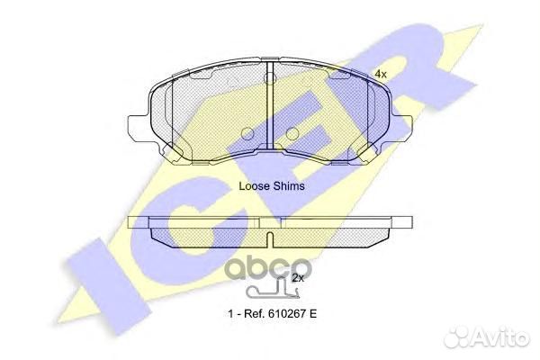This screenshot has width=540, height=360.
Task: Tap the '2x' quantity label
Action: point(299,279)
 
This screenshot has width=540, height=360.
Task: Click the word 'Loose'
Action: point(254,186)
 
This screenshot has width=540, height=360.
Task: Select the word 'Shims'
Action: point(288,186)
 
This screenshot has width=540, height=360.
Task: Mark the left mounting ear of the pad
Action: point(137,126)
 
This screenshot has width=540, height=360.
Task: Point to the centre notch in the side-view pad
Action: point(270,238)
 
